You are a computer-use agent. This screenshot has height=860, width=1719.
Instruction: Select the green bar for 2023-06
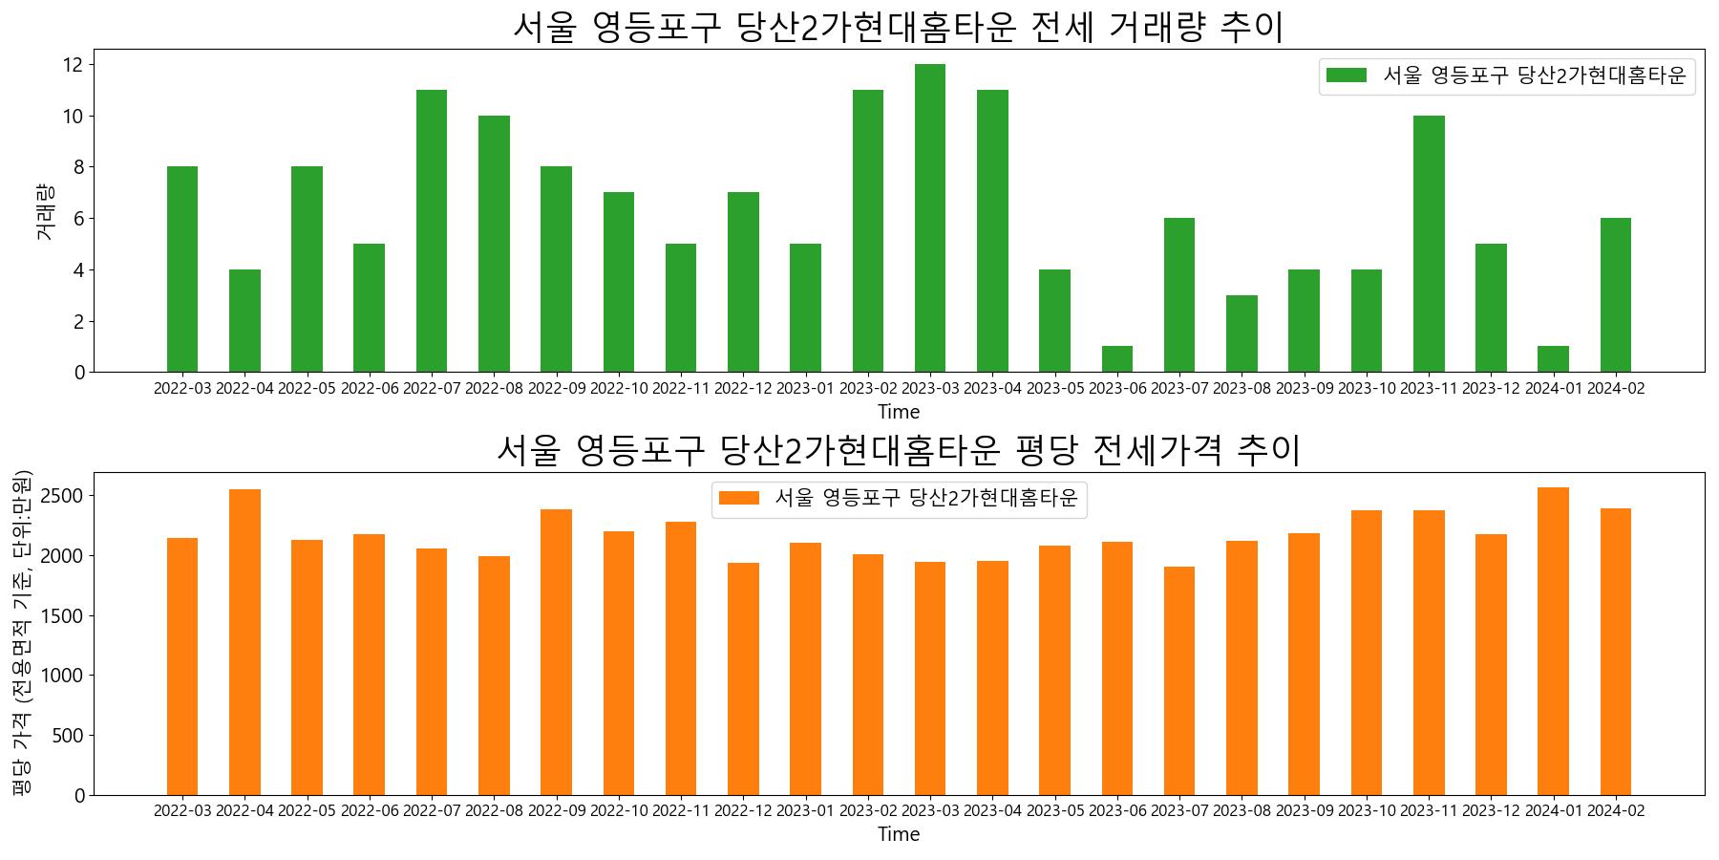[x=1117, y=359]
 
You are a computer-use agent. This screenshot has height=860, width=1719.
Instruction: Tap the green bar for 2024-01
[x=1553, y=359]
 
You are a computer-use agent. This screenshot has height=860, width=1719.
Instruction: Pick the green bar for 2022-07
[x=432, y=230]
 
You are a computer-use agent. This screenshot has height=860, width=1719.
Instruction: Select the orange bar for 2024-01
[x=1553, y=641]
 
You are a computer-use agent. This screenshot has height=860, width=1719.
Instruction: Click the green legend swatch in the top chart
[x=1347, y=75]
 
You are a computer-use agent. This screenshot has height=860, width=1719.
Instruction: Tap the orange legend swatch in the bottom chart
[x=739, y=498]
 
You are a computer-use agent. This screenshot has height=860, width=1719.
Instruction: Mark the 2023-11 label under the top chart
[x=1429, y=389]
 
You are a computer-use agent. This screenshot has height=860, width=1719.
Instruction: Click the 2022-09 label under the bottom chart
[x=556, y=811]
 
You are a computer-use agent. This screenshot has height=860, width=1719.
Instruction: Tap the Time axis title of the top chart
[x=899, y=413]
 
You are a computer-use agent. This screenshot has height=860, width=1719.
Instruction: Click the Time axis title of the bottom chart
[x=899, y=835]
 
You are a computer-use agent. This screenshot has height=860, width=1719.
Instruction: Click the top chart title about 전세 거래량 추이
[x=898, y=27]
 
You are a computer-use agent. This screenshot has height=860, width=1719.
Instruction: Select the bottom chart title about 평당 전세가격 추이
[x=898, y=450]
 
